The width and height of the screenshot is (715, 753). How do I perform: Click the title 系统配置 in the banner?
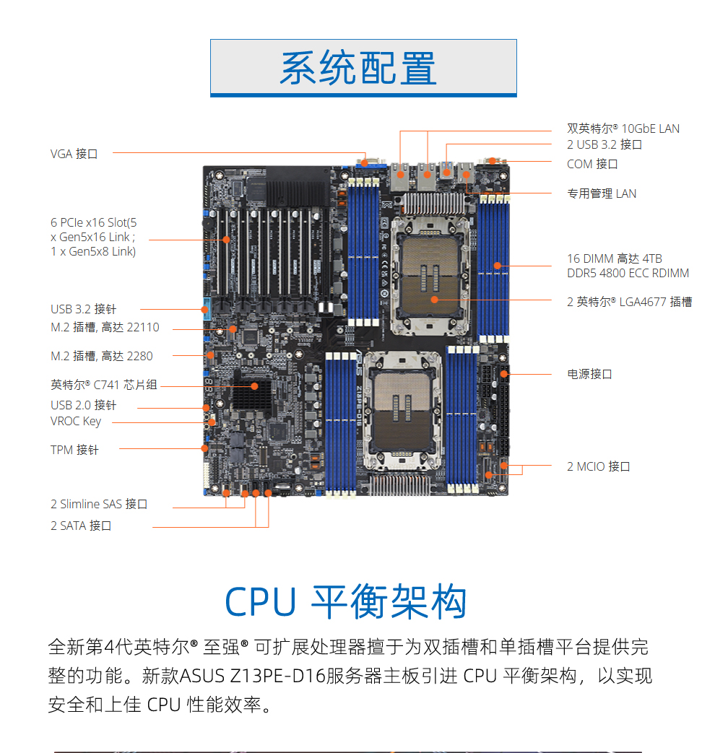pos(358,68)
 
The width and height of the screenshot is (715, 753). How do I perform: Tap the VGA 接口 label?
pos(74,154)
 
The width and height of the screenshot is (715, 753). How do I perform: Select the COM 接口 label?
pos(592,164)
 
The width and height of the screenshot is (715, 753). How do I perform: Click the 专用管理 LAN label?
pos(602,193)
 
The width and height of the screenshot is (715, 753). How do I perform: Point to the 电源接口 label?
pos(589,374)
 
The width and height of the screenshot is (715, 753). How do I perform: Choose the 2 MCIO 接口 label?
pos(598,466)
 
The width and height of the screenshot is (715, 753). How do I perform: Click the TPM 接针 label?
pos(74,450)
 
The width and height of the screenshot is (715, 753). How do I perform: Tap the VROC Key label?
pos(76,421)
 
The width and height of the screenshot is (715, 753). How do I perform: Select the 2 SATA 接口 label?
pos(81,526)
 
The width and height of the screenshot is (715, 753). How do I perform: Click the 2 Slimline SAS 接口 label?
pos(99,504)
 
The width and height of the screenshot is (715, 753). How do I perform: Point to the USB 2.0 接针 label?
pos(83,405)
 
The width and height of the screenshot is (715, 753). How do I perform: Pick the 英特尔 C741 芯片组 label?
pos(104,385)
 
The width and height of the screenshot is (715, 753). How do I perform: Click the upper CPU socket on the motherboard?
pos(430,275)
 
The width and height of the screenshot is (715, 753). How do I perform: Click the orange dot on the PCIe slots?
pos(226,240)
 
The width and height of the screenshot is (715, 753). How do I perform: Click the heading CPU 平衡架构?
pos(346,601)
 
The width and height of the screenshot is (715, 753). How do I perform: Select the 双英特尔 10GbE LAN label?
pos(623,129)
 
